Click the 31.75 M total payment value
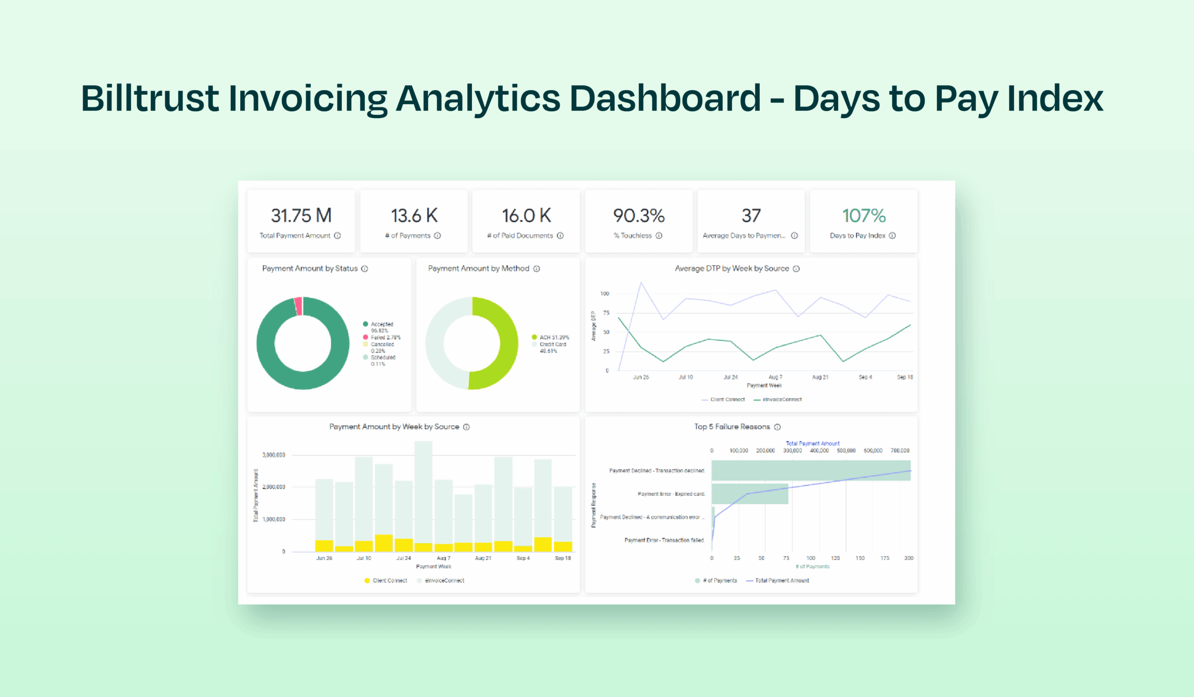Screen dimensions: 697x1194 301,216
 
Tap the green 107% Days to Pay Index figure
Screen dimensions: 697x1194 863,216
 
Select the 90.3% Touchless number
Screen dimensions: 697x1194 639,216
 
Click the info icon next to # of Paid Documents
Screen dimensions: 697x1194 560,236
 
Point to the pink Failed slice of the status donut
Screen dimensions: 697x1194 298,306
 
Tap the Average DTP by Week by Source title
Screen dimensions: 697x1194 732,268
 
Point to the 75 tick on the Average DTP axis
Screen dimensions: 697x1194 605,313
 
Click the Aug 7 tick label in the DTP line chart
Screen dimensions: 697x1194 775,377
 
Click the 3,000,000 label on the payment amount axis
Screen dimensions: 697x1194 273,455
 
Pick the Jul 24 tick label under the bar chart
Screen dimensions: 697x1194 403,558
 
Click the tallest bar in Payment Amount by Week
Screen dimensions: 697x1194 423,493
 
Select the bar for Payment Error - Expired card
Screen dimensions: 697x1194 750,494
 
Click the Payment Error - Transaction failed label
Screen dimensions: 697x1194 664,540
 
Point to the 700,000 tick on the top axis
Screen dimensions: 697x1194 899,451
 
